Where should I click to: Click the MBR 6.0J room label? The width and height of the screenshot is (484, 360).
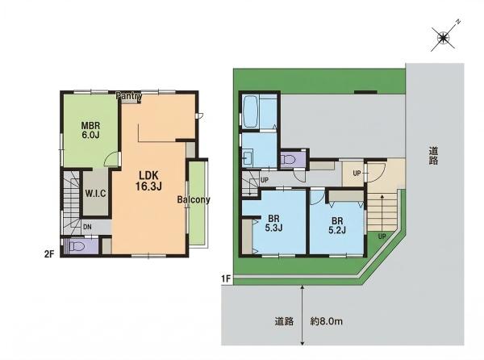(x=90, y=130)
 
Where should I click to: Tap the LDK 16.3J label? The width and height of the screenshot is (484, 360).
(x=148, y=181)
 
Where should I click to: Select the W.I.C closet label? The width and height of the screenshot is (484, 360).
(x=95, y=194)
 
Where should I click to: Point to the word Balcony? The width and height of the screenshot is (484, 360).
(x=194, y=199)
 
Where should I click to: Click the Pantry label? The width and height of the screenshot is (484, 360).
(x=129, y=96)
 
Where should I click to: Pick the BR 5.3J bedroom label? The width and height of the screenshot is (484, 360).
(x=273, y=224)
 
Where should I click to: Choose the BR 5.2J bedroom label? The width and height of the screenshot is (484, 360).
(x=337, y=225)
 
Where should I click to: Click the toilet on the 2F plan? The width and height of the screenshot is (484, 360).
(x=77, y=246)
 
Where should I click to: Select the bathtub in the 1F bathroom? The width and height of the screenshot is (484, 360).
(x=251, y=111)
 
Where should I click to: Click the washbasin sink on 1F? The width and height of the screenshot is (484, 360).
(x=248, y=157)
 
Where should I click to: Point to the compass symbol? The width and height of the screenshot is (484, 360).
(x=444, y=38)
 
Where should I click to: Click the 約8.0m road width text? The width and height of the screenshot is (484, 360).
(x=326, y=321)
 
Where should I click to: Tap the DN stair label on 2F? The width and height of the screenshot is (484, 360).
(x=87, y=227)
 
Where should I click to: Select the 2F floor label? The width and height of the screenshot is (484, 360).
(x=49, y=254)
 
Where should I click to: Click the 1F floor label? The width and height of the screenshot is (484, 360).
(x=226, y=278)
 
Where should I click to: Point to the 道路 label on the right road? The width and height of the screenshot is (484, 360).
(x=433, y=156)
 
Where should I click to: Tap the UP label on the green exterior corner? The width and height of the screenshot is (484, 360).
(x=382, y=237)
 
